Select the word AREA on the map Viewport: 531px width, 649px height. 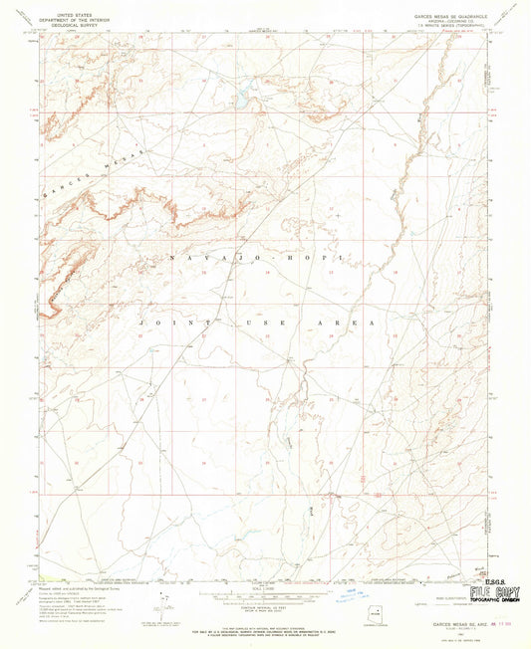coord(355,324)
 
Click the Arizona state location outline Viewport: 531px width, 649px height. coord(380,609)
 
